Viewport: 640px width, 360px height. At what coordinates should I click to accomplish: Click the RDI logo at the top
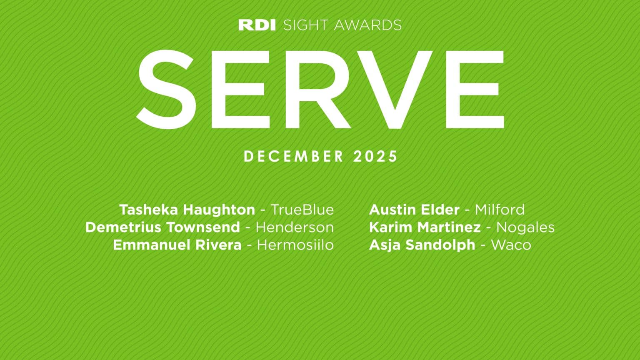tap(257, 25)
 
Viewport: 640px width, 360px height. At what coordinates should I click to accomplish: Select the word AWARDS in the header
tap(368, 25)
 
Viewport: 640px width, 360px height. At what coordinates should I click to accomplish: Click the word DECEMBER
tap(294, 157)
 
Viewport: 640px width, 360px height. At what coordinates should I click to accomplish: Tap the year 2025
tap(375, 157)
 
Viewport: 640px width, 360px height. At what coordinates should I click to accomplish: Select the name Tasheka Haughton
tap(187, 210)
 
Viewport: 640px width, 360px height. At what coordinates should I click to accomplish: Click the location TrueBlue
tap(302, 210)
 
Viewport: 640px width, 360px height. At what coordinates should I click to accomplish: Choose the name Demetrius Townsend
tap(162, 227)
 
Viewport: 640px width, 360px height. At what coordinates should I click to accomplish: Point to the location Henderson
tap(295, 227)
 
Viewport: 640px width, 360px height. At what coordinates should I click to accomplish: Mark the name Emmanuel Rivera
tap(177, 245)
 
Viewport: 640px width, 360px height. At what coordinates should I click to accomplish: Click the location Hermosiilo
tap(295, 245)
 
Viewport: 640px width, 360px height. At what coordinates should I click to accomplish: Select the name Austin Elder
tap(414, 210)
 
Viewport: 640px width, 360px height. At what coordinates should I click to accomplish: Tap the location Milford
tap(500, 210)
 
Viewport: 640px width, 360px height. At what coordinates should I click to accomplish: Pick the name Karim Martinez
tap(425, 227)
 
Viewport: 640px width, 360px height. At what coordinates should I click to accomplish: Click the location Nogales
tap(525, 227)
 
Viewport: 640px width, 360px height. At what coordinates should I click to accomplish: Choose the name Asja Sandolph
tap(422, 245)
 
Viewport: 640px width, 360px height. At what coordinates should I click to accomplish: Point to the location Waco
tap(511, 245)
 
